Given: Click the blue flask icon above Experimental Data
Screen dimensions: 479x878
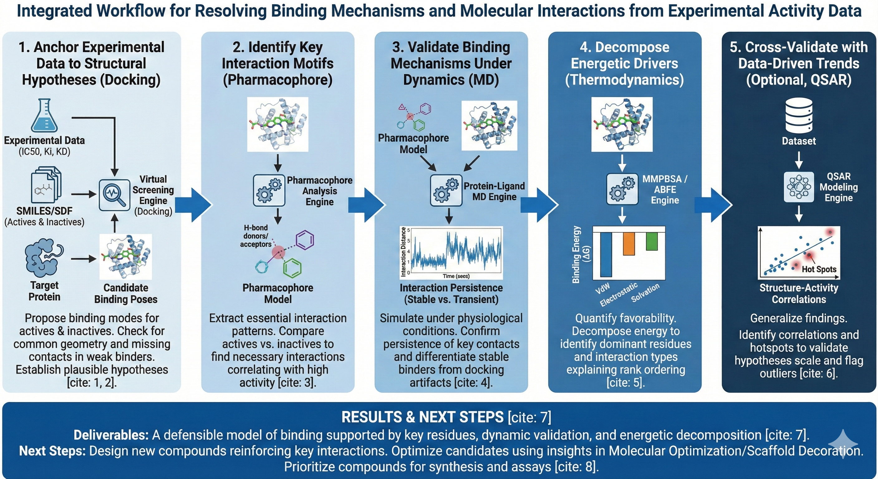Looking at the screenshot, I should (44, 116).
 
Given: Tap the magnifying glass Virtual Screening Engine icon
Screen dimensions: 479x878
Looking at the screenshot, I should (114, 195).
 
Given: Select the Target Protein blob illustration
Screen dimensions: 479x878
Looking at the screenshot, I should (44, 258).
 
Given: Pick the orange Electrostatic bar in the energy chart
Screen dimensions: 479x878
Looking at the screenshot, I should (629, 244).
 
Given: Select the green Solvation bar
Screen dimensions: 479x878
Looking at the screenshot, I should (652, 241).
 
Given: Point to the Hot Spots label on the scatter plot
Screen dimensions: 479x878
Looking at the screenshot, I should (819, 269).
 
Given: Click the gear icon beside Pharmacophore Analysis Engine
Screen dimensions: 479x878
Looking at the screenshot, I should (269, 191).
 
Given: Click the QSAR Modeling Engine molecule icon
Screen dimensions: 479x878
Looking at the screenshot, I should (799, 187).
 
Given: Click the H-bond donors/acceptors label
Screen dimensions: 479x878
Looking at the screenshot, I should (256, 236).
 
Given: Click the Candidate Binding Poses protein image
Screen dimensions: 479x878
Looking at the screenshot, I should (125, 256).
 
